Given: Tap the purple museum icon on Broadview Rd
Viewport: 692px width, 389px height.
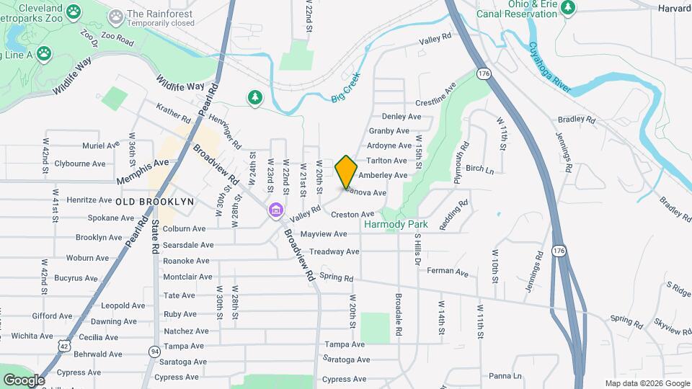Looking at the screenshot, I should coord(275,210).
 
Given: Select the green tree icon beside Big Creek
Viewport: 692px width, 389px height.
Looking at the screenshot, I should coord(254,97).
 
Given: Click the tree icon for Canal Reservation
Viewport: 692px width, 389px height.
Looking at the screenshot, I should coord(569,7).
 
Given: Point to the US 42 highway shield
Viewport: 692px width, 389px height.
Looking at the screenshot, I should coord(65,346).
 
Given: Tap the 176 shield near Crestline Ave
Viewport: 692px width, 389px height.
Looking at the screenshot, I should coord(482,73).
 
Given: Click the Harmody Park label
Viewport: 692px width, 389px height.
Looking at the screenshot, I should coord(396,225).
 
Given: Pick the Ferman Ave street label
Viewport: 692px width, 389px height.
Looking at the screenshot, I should coord(448,273).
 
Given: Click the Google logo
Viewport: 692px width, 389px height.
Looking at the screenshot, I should coord(23,380).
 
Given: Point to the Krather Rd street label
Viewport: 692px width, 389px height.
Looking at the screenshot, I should coord(174,112).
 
